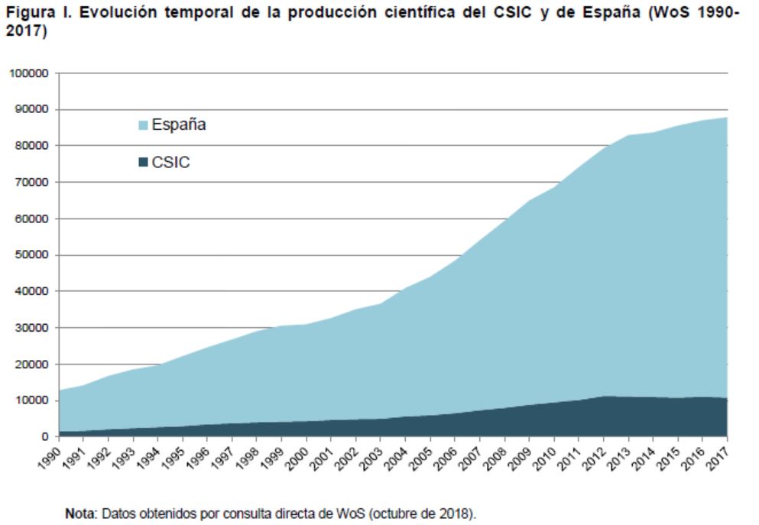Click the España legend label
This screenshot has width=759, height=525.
[178, 125]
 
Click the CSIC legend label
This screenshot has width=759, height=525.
[170, 162]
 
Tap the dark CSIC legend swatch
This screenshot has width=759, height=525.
[142, 163]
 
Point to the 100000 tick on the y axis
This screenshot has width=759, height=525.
[28, 73]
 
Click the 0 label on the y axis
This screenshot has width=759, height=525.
[45, 437]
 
